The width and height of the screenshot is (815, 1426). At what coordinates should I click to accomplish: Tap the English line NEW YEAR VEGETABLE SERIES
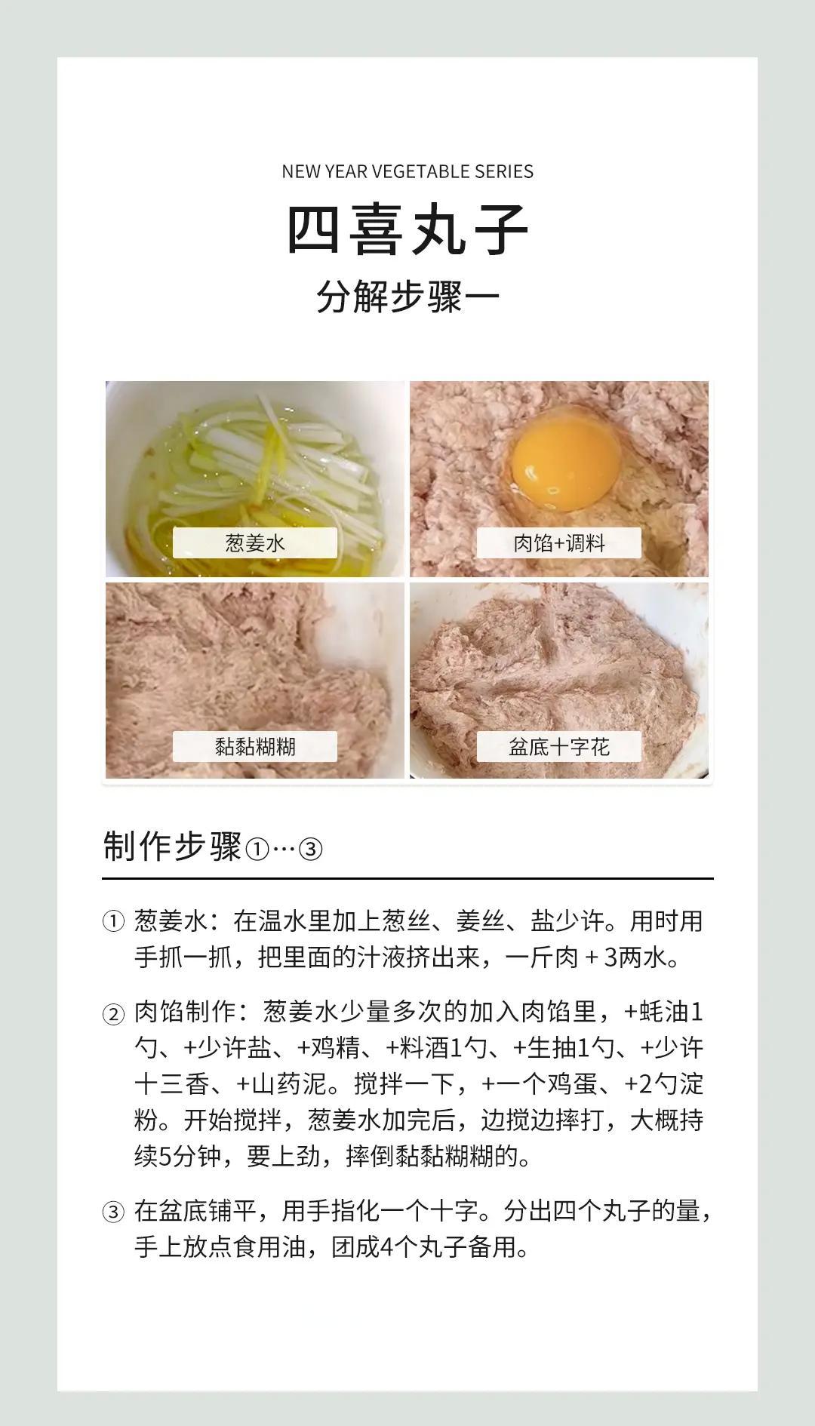407,171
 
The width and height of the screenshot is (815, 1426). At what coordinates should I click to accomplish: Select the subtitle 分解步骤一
407,297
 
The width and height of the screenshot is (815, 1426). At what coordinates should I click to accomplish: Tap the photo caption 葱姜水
255,542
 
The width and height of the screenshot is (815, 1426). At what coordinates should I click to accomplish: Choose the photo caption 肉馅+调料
559,542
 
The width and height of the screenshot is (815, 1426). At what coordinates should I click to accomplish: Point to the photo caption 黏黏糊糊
255,747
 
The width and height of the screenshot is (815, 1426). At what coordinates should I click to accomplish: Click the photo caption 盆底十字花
559,747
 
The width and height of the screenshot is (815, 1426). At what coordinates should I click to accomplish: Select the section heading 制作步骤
172,847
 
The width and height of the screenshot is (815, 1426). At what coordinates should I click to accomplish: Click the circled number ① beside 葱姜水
112,922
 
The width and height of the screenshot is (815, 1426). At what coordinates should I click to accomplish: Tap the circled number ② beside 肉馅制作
112,1014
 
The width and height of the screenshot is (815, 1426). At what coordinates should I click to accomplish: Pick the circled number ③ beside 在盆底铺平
112,1212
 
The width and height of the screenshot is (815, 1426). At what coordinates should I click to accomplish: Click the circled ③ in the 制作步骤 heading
311,850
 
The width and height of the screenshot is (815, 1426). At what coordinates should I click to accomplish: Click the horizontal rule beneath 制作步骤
407,879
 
